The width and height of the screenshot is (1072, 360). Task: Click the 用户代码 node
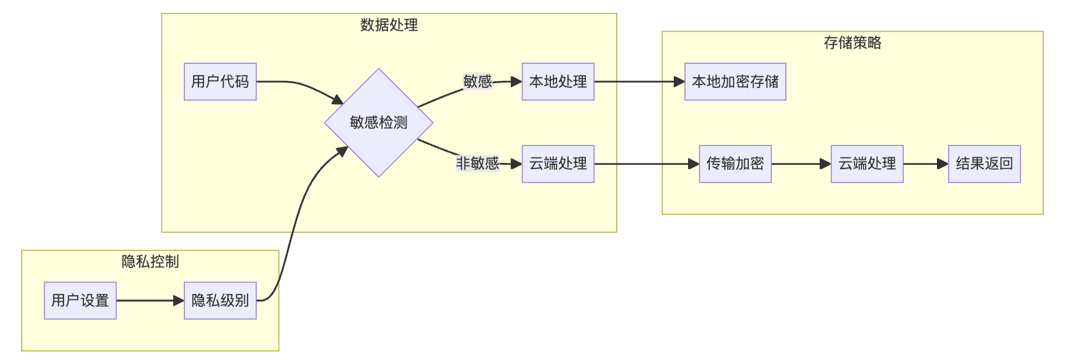220,82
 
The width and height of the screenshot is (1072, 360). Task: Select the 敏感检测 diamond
378,123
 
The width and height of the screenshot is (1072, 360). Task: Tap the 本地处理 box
558,82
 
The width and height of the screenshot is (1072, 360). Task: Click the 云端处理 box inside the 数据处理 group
558,164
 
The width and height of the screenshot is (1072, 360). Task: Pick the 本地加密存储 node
735,82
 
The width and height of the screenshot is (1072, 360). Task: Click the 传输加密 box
735,164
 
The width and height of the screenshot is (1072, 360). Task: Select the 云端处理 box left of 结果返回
867,164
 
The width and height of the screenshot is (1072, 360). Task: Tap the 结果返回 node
984,164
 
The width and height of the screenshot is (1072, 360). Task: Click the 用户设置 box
80,300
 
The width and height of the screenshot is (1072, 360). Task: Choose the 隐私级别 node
220,300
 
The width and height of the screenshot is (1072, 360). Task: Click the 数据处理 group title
389,25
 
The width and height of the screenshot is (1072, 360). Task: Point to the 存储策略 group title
852,43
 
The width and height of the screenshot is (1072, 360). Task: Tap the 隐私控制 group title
150,262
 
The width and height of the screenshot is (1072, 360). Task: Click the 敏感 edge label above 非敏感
477,82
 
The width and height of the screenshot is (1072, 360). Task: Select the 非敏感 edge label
477,164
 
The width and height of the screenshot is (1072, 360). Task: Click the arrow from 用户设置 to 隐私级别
150,300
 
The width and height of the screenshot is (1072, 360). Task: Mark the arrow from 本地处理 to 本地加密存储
639,82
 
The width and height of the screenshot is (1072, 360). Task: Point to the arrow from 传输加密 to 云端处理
801,164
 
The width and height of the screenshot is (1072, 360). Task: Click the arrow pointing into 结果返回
926,164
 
